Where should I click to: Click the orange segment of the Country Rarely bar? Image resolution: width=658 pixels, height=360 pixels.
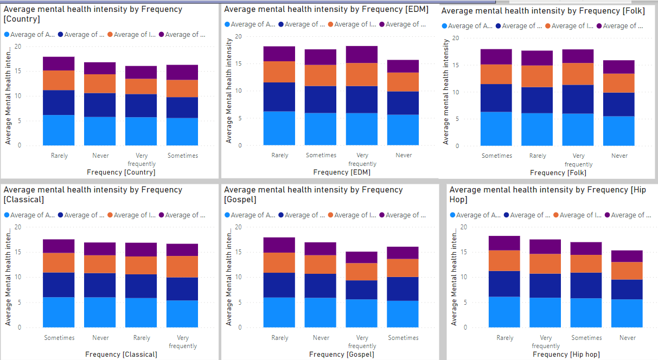pyautogui.click(x=59, y=80)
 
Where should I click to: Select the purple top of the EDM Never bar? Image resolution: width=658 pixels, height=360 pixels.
pyautogui.click(x=404, y=66)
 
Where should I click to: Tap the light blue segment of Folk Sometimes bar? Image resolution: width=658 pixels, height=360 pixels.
pyautogui.click(x=497, y=128)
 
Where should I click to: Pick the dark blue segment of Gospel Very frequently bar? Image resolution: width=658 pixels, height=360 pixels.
pyautogui.click(x=362, y=290)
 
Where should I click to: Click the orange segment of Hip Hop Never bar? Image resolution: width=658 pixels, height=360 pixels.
pyautogui.click(x=627, y=271)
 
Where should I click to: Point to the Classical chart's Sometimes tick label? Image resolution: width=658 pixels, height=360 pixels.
pyautogui.click(x=59, y=338)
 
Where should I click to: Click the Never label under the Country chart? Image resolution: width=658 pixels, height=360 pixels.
pyautogui.click(x=100, y=156)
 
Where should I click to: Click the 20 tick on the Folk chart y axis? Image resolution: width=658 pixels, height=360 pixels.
pyautogui.click(x=456, y=38)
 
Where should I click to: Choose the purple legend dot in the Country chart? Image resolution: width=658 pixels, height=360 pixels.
pyautogui.click(x=161, y=35)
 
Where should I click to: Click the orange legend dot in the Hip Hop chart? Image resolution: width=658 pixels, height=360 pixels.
pyautogui.click(x=556, y=215)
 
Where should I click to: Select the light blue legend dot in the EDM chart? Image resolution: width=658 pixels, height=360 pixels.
pyautogui.click(x=227, y=24)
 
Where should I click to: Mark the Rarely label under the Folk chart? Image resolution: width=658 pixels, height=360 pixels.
pyautogui.click(x=538, y=156)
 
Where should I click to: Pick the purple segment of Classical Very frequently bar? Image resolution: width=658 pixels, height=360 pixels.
pyautogui.click(x=182, y=249)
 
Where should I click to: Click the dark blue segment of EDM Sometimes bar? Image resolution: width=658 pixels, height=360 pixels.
pyautogui.click(x=321, y=99)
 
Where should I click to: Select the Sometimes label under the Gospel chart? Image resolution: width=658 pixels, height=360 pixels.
pyautogui.click(x=404, y=338)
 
